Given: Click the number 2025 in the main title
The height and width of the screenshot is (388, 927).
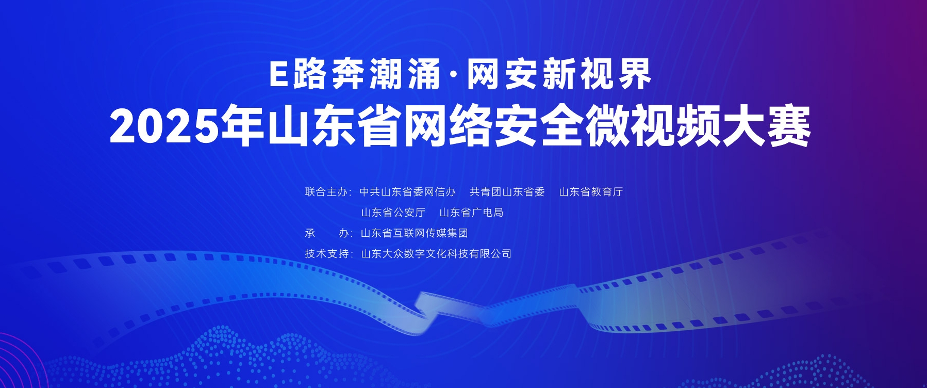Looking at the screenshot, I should tap(164, 126).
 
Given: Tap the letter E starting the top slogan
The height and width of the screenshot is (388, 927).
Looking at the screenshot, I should tap(278, 75).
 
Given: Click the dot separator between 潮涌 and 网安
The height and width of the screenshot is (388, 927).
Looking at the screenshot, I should tap(453, 75).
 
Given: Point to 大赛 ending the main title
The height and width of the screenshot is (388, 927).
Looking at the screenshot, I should tap(766, 126).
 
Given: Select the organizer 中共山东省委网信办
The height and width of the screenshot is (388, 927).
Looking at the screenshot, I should tap(407, 192).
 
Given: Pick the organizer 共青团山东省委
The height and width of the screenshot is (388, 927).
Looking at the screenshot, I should tap(507, 192).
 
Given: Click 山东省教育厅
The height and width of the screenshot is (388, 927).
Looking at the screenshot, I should tap(591, 192).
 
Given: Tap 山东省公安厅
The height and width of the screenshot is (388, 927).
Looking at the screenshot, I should tap(393, 213).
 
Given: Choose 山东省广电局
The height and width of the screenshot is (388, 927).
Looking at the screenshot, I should tap(471, 213).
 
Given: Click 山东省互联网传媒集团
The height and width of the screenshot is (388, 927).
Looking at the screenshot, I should tap(414, 233).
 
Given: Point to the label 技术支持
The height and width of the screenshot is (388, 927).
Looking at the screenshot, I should tap(326, 254).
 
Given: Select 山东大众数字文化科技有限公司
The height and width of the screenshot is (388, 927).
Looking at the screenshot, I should tap(436, 254).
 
